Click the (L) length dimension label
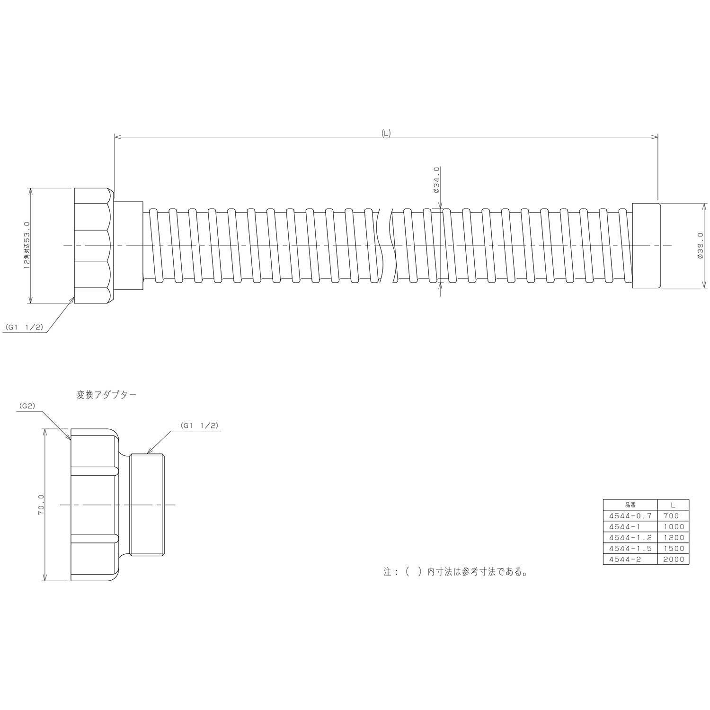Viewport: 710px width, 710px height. (x=386, y=133)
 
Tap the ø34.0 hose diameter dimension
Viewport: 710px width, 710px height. (x=436, y=180)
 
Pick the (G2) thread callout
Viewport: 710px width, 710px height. (x=27, y=406)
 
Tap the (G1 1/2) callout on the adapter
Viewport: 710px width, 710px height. (x=199, y=426)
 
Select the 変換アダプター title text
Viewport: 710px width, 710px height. (x=106, y=394)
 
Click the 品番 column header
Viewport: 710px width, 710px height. (x=630, y=505)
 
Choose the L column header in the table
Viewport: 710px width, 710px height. (x=673, y=505)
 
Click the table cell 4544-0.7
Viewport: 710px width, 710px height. (x=630, y=516)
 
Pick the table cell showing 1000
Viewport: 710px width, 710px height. (x=673, y=527)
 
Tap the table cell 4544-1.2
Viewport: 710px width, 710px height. (x=630, y=538)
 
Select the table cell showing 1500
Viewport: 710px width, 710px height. (x=673, y=549)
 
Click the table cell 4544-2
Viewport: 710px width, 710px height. (x=630, y=559)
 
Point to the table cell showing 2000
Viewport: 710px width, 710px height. (x=673, y=559)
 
